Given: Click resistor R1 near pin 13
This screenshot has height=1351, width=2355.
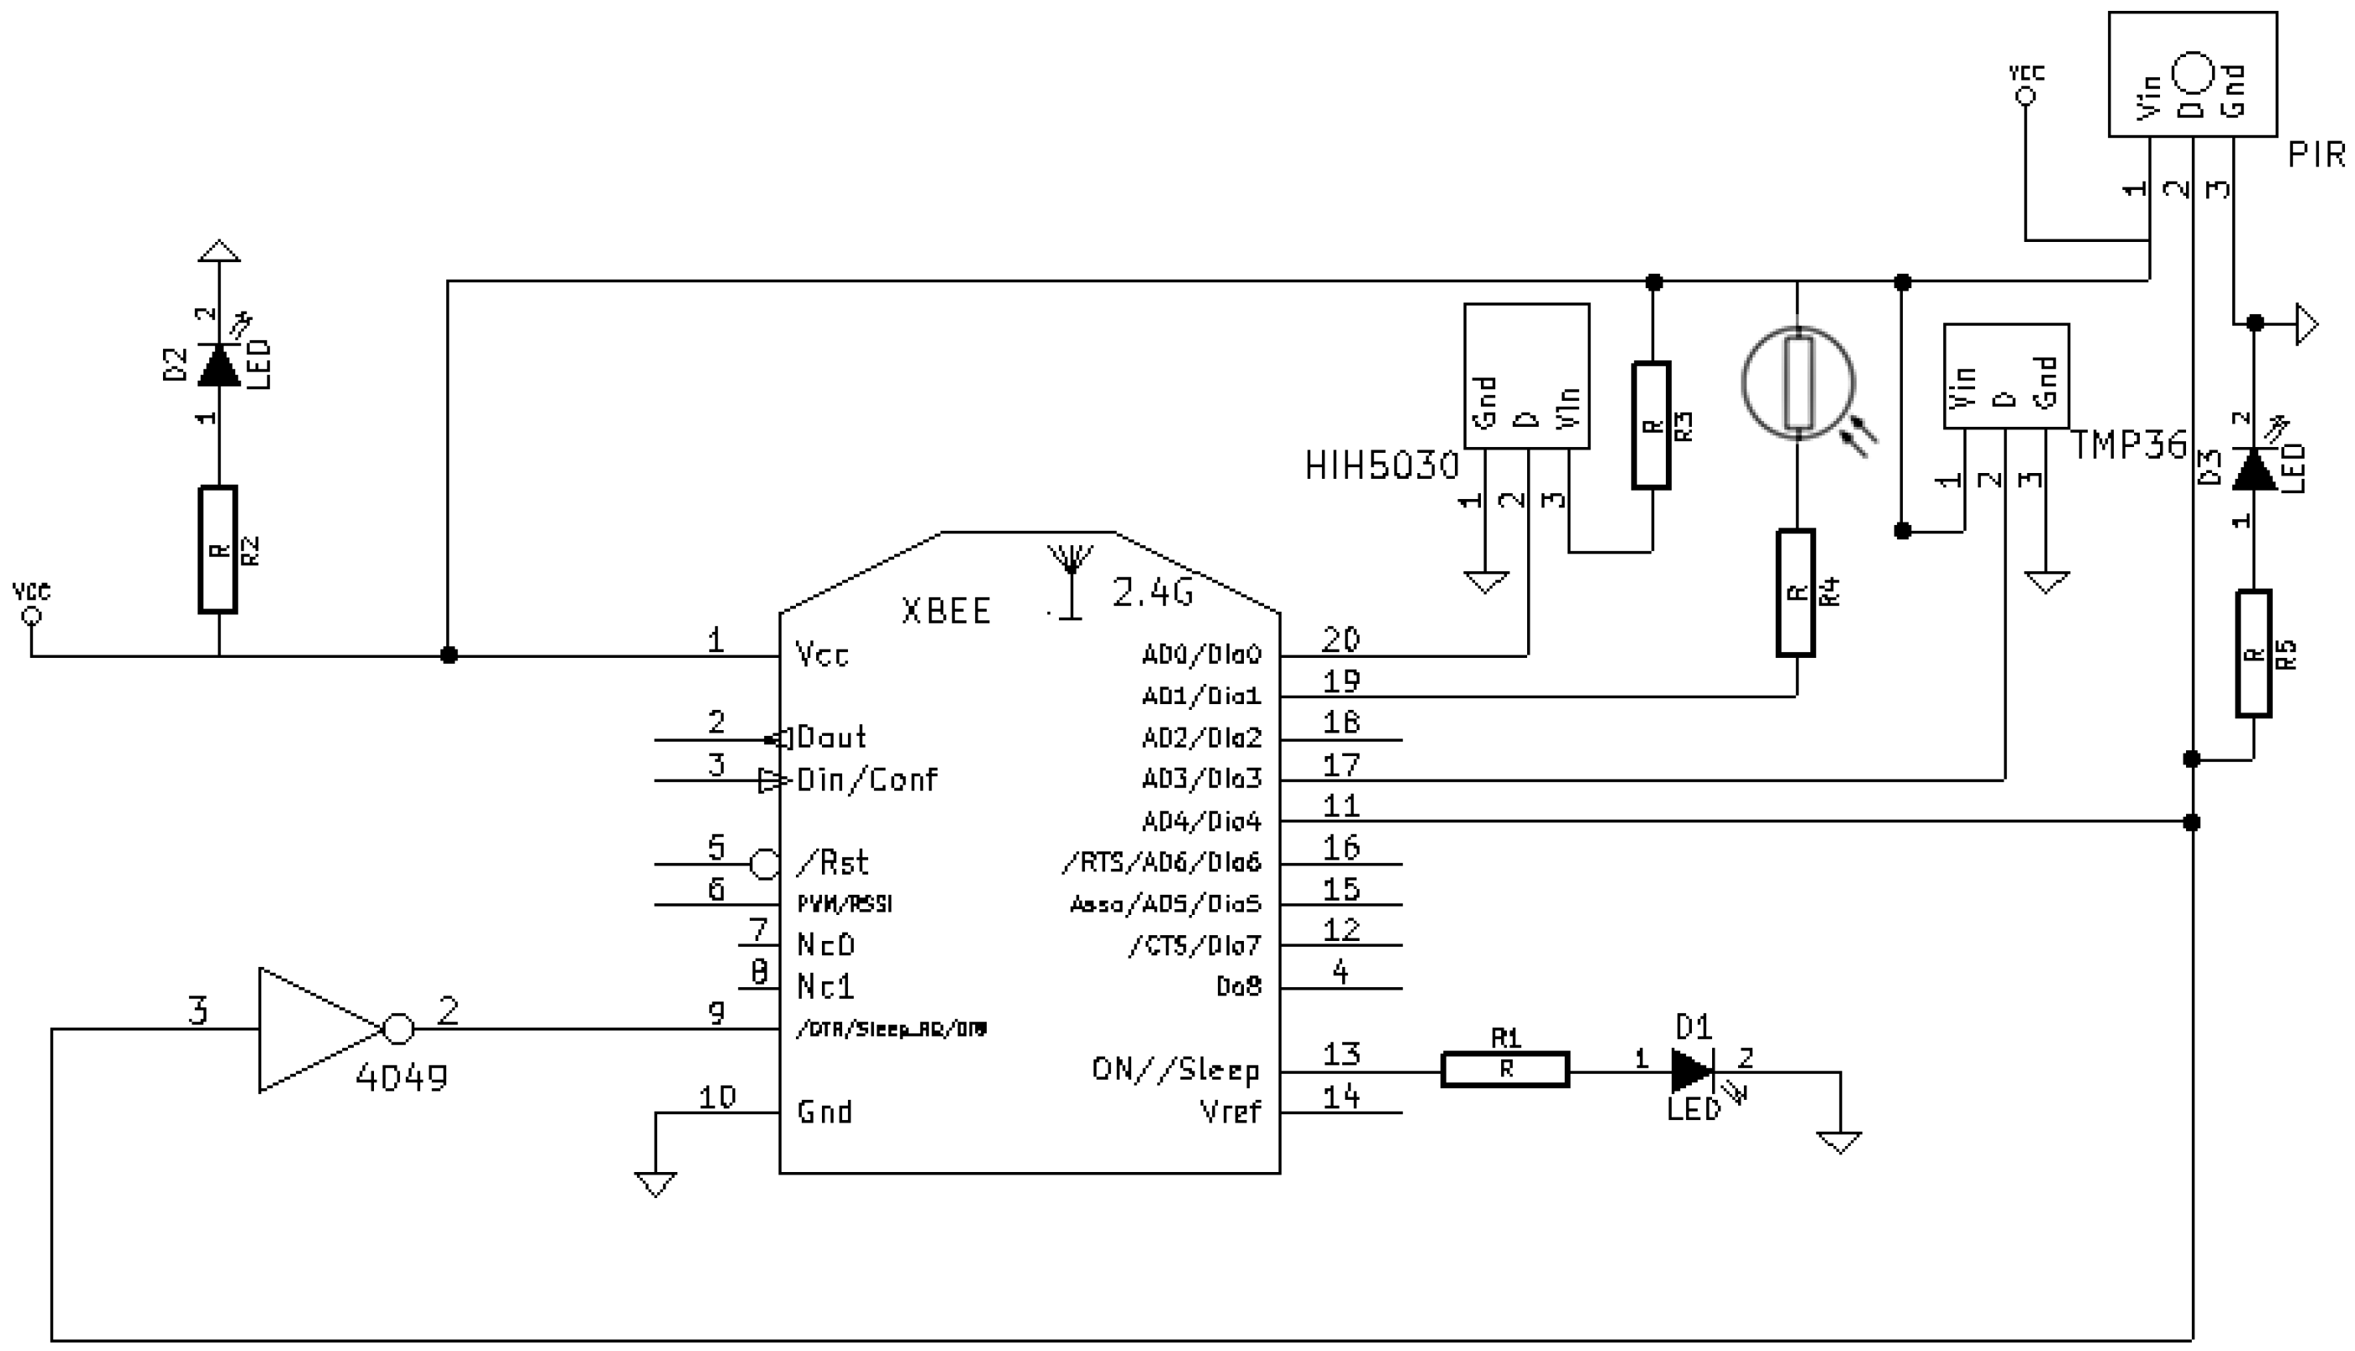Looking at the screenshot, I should click(1504, 1070).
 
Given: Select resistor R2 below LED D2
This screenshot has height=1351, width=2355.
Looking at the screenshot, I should click(218, 549).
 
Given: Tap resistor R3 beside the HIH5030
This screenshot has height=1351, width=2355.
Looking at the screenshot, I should click(1651, 426).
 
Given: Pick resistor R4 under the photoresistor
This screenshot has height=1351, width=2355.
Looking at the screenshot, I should click(1795, 593).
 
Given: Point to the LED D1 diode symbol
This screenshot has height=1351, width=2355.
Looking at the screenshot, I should click(1691, 1070).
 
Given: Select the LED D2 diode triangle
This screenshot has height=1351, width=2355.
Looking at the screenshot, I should click(219, 365).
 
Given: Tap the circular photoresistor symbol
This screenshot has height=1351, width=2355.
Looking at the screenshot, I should click(1799, 383).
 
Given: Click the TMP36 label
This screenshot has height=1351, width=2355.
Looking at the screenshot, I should click(2129, 446).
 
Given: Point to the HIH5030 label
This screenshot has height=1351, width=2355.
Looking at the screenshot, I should click(1381, 465).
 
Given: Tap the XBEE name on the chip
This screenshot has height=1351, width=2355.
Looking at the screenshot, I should click(946, 612).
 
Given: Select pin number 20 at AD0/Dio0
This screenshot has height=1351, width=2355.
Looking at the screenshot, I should click(1340, 639).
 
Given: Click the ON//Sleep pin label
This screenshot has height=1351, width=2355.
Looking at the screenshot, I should click(1175, 1070).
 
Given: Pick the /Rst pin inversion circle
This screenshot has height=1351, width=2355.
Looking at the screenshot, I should click(764, 865).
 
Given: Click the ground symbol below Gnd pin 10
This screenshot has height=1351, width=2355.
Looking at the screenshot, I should click(655, 1184).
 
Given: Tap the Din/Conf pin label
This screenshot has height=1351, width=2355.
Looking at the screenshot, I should click(867, 780).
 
